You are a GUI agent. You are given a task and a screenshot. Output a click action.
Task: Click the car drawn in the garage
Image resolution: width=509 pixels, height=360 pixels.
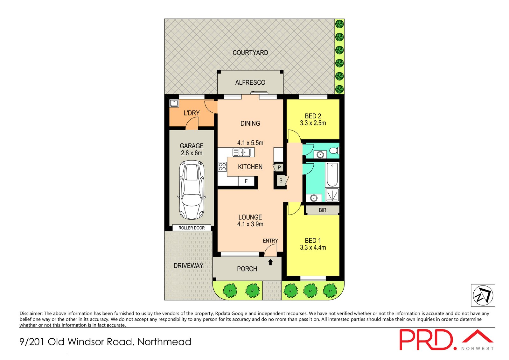coord(192,190)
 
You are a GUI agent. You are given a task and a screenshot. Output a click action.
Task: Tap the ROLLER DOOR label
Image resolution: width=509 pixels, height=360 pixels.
coord(192,228)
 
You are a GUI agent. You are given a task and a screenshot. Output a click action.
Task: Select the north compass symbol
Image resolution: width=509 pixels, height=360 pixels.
coord(483,295)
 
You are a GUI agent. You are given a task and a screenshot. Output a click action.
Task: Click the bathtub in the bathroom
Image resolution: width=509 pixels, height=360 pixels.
coord(332,175)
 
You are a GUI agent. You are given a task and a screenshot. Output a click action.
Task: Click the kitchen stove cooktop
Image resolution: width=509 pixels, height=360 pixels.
coord(222,167)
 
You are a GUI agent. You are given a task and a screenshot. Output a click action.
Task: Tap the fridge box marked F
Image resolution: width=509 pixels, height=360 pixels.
coord(246,181)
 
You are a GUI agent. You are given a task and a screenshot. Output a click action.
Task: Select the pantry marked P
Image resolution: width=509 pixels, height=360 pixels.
coord(279,167)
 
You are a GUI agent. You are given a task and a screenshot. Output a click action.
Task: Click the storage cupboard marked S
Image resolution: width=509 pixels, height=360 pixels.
coord(281,180)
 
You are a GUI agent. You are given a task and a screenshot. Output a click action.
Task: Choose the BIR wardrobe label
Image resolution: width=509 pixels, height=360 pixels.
coord(322,210)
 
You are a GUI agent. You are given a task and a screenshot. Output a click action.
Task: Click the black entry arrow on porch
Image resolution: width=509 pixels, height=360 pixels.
coord(270,262)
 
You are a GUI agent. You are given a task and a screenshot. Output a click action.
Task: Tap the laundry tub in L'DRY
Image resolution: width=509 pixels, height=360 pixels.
coord(174,103)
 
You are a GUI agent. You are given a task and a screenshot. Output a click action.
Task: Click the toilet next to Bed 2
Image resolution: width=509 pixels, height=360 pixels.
coord(334,151)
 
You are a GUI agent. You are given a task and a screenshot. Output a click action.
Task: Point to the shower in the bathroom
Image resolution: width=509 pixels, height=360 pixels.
coord(332,195)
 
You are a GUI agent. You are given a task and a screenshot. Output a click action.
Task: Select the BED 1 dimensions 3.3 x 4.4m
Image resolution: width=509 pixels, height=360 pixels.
coord(313,248)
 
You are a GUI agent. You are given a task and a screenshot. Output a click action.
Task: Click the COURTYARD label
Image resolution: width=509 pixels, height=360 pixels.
coord(250,53)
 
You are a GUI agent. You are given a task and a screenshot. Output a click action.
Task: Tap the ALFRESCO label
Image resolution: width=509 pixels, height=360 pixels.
coord(250,82)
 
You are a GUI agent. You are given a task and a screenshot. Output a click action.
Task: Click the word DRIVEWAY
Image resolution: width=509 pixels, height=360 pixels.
coord(188,265)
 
